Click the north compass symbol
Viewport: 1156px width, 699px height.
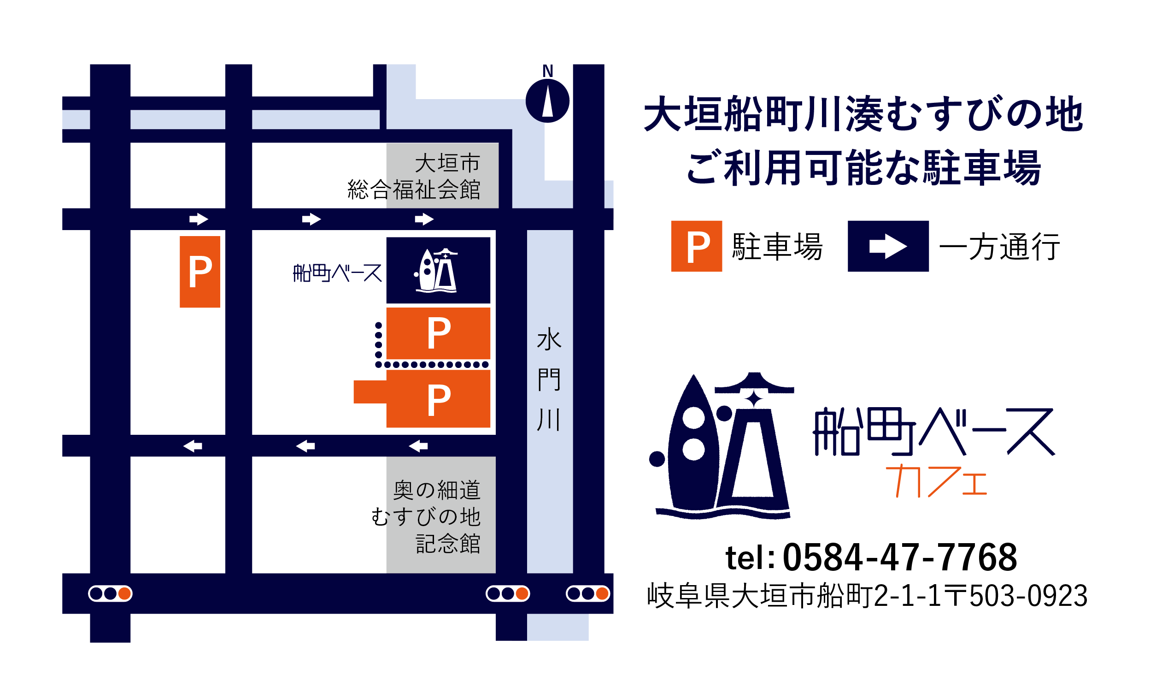tap(547, 101)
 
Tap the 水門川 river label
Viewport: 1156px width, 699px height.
tap(548, 379)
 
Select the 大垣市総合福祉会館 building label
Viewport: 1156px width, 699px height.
tap(414, 176)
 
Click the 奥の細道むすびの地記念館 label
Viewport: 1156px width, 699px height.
tap(426, 516)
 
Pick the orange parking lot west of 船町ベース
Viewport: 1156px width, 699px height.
tap(200, 272)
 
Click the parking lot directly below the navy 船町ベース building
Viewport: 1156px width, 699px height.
tap(438, 333)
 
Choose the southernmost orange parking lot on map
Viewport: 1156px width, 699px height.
tap(438, 399)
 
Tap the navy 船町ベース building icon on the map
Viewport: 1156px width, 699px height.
tap(438, 270)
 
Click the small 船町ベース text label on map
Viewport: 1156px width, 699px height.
tap(337, 273)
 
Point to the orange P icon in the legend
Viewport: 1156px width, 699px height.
tap(696, 247)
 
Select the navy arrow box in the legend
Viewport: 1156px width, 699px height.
tap(888, 247)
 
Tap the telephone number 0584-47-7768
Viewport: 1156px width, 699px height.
tap(899, 558)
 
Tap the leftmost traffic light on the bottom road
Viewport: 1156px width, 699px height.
tap(110, 594)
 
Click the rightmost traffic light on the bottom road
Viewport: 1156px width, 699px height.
tap(587, 594)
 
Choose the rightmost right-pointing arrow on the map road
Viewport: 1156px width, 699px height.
tap(424, 219)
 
